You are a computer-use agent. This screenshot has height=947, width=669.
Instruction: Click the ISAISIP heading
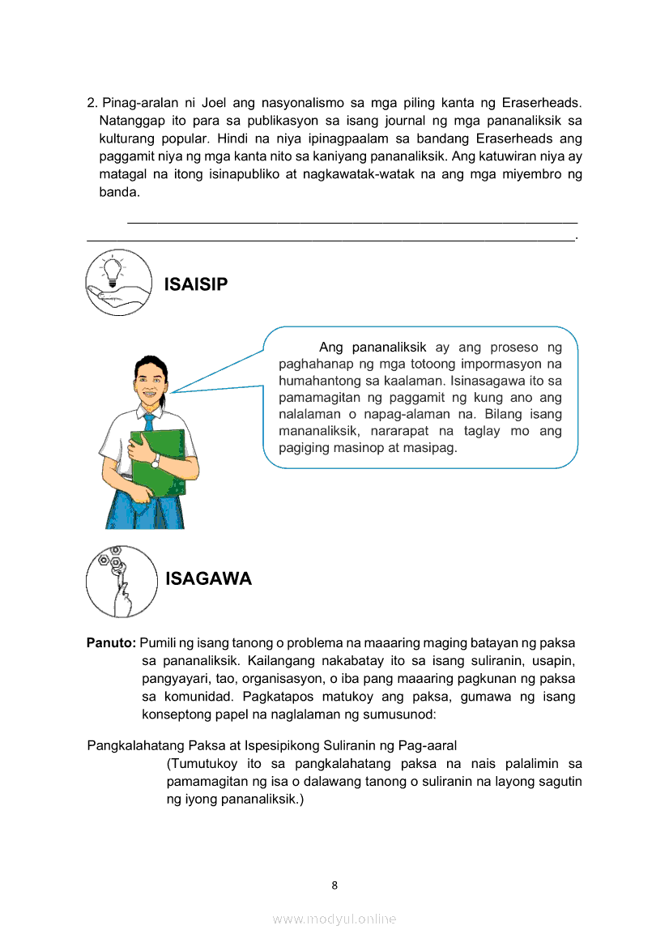click(x=196, y=284)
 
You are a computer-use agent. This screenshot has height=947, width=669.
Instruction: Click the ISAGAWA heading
click(x=208, y=578)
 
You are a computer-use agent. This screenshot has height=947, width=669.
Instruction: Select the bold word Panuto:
click(x=111, y=643)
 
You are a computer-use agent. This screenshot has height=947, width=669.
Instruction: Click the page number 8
click(x=334, y=885)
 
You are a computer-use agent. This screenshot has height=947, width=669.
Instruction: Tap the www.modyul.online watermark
click(x=334, y=919)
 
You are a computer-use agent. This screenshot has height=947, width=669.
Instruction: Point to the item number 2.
click(x=92, y=103)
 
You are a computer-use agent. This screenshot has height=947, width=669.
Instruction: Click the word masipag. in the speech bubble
click(x=434, y=447)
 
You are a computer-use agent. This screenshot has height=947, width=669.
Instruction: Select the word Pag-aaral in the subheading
click(x=428, y=745)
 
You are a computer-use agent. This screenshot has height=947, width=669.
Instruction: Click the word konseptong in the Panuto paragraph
click(x=174, y=715)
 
